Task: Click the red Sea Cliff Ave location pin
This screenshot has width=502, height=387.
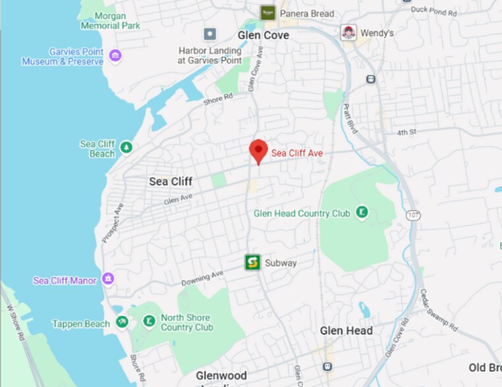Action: point(258,151)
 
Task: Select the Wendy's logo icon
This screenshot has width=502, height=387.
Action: point(348,32)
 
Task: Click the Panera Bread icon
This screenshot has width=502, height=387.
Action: point(267,13)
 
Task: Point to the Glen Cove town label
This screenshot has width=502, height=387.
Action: point(264,35)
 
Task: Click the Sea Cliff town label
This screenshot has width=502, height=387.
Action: point(171,182)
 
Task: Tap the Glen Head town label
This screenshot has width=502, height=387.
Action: point(347,330)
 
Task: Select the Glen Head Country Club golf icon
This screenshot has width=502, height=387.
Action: point(361,212)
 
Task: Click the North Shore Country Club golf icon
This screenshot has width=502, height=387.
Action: point(149,321)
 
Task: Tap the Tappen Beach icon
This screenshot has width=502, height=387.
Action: point(121,322)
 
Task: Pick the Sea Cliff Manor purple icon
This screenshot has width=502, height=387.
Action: point(108,279)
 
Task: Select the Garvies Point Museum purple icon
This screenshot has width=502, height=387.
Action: point(115,55)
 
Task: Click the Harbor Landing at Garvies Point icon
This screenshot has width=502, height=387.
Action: point(209,34)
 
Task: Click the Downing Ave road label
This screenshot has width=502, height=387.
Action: point(202,278)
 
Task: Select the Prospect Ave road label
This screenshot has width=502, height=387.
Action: point(113,224)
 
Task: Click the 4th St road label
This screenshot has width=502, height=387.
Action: point(407,132)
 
